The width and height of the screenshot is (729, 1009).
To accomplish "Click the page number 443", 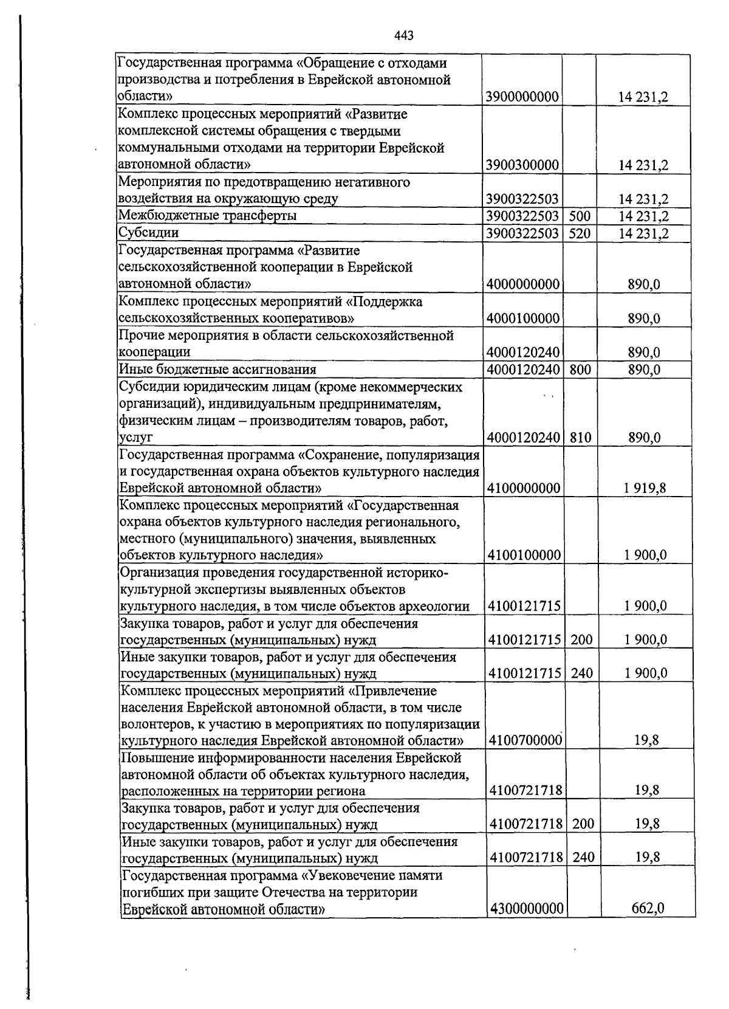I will [x=403, y=36].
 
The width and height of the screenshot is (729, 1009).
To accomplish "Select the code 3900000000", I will [x=522, y=97].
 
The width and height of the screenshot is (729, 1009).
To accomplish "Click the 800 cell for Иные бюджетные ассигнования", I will [x=580, y=370].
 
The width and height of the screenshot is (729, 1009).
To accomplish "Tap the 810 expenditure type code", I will [x=581, y=438].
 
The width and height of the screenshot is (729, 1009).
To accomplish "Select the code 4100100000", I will [x=524, y=556].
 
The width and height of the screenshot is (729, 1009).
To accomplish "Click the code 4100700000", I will [x=525, y=741].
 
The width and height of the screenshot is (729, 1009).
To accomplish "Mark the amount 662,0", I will [x=648, y=909].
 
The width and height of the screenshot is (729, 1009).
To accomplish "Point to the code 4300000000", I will [x=526, y=909].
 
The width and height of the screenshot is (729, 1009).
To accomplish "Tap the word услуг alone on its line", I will [x=135, y=438].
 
